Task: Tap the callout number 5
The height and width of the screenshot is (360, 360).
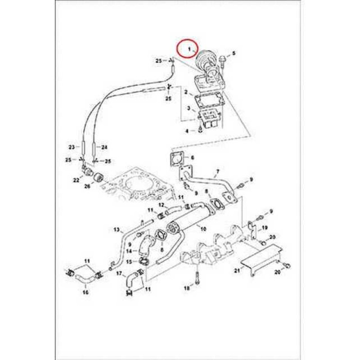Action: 234,54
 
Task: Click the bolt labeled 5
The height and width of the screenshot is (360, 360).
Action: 223,59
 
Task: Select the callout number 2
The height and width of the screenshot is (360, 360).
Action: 185,92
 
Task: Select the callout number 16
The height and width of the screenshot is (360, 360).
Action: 86,292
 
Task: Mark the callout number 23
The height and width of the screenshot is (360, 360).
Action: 71,147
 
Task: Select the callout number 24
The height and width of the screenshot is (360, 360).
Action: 104,147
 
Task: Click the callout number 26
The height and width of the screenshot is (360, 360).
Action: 87,186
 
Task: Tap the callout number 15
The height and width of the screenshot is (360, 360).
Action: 129,261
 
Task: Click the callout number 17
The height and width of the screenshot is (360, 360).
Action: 119,273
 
